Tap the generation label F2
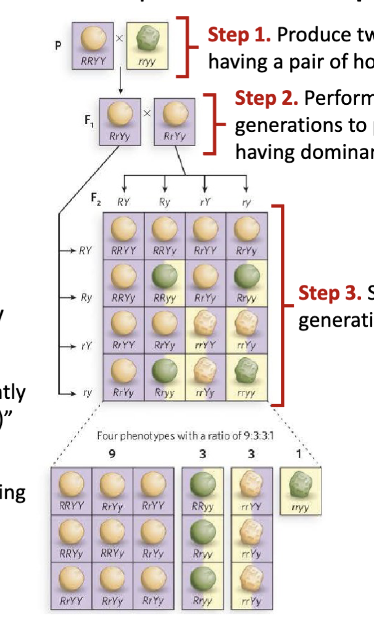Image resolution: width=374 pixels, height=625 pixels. tap(96, 199)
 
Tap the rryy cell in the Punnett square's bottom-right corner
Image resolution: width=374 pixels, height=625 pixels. tap(246, 377)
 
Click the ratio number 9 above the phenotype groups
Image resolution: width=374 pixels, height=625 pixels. tap(113, 455)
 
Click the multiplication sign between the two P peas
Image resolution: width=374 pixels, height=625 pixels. tap(119, 38)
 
